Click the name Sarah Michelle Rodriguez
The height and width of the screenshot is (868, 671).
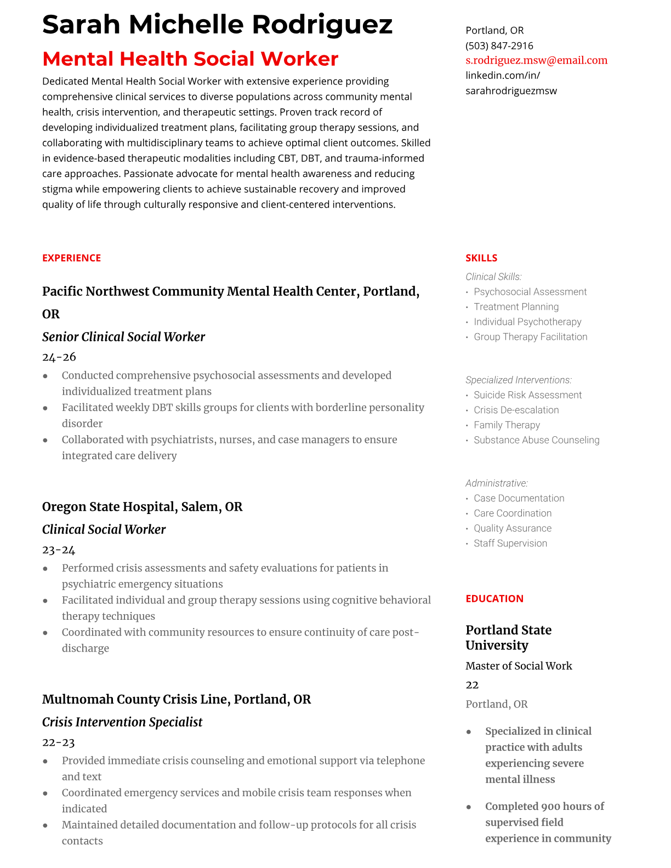[x=217, y=25]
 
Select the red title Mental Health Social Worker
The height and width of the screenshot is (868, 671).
[x=190, y=59]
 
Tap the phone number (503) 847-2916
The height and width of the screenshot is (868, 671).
[x=499, y=45]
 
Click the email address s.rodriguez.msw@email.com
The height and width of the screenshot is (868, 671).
[x=536, y=60]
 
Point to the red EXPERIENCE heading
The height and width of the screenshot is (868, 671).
[x=71, y=258]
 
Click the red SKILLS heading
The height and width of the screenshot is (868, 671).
[x=481, y=258]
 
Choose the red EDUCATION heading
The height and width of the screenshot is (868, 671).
[x=494, y=599]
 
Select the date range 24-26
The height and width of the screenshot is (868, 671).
[x=59, y=357]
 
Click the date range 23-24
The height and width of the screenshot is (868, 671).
[x=59, y=550]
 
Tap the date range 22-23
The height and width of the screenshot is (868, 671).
[x=58, y=743]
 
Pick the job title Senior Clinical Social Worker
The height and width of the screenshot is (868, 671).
[x=123, y=337]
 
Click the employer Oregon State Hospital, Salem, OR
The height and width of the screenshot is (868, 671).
[x=142, y=507]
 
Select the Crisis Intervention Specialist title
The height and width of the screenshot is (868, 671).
[x=122, y=722]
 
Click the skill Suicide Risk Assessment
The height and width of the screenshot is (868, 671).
[x=527, y=395]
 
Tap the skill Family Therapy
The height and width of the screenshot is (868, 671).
[x=507, y=425]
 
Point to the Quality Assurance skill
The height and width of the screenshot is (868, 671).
[x=513, y=528]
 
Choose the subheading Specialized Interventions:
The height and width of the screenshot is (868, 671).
[x=518, y=380]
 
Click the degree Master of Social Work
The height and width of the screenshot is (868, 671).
[x=518, y=666]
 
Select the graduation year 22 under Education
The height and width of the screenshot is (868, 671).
[x=472, y=685]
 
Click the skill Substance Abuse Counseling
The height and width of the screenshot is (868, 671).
[x=536, y=440]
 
